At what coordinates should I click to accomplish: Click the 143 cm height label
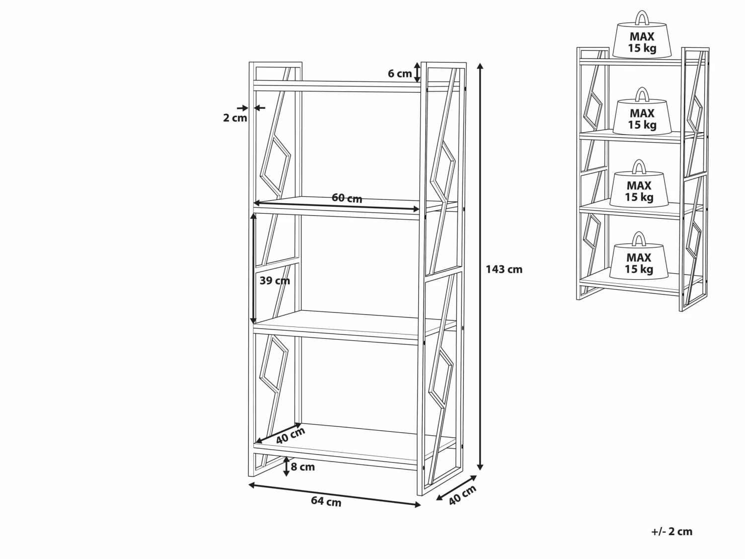[x=504, y=269]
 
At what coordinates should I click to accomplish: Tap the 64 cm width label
[x=326, y=501]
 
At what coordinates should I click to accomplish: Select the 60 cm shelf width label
[x=347, y=198]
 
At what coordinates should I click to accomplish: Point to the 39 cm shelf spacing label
[x=275, y=281]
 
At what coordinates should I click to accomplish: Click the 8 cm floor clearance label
[x=303, y=467]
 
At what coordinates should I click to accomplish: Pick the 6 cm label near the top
[x=400, y=74]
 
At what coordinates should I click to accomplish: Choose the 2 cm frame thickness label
[x=235, y=118]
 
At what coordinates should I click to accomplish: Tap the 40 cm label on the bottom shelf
[x=291, y=435]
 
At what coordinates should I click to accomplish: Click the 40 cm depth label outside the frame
[x=462, y=495]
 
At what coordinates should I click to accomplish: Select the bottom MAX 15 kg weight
[x=639, y=255]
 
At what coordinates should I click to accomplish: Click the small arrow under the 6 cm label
[x=417, y=72]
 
